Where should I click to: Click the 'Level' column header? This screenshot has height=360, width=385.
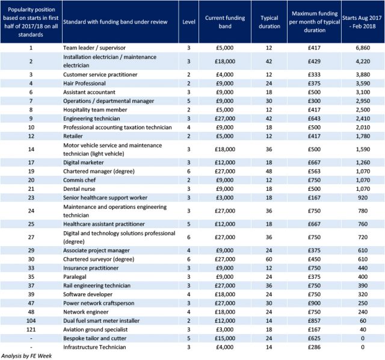coord(188,22)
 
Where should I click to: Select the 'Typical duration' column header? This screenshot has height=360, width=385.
coord(269,22)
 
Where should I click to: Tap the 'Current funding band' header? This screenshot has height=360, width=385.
coord(225,22)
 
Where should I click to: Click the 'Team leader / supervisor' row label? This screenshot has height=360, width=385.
coord(94,48)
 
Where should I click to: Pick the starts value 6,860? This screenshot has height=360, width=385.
coord(363,48)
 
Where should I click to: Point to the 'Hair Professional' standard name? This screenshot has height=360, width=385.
coord(84,83)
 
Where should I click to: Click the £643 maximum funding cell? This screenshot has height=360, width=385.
coord(314,119)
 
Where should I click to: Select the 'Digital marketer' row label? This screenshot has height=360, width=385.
coord(83,163)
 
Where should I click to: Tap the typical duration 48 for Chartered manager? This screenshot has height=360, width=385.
coord(269,172)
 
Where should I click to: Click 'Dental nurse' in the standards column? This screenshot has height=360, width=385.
coord(79,188)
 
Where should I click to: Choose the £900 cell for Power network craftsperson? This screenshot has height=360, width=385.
coord(314,303)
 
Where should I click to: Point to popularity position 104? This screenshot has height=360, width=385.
coord(31,321)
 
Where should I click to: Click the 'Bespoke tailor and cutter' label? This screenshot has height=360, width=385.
coord(94,338)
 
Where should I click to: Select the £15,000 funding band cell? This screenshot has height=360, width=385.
coord(224,338)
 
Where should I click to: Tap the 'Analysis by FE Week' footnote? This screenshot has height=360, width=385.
coord(26,356)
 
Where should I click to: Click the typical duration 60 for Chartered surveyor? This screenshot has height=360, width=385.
coord(269,259)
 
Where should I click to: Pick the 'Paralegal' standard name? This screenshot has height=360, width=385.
coord(75,277)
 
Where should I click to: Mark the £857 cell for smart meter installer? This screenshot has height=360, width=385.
coord(314,321)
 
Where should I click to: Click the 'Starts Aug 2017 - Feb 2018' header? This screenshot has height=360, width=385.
coord(362,22)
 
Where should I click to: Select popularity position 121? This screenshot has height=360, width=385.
coord(31,329)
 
